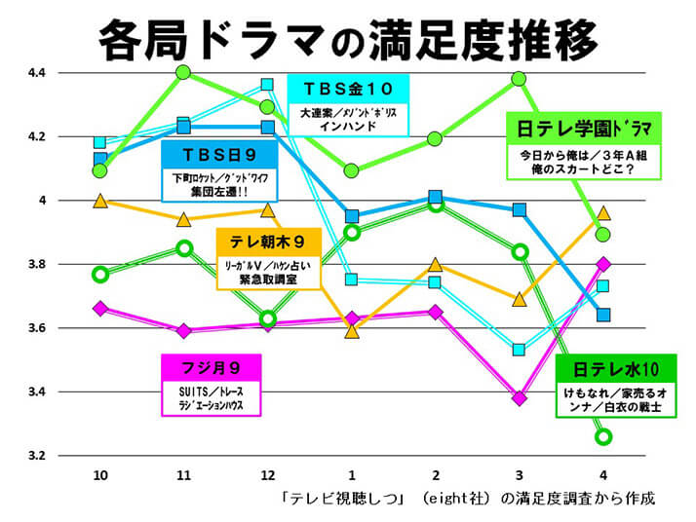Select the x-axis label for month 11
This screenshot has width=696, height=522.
[x=182, y=474]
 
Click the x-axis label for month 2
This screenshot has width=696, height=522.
[x=436, y=474]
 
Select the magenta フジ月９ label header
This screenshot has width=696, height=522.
[x=211, y=368]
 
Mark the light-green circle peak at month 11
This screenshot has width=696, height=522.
[x=183, y=72]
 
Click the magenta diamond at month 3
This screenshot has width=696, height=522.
[x=520, y=397]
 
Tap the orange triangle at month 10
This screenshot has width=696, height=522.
[x=99, y=201]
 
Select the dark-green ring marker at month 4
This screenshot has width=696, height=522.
[x=603, y=436]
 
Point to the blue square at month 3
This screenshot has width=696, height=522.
[x=520, y=209]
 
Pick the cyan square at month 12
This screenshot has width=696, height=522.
[x=268, y=85]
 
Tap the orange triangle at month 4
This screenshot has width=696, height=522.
[x=603, y=212]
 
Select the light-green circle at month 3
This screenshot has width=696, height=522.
[x=520, y=79]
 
